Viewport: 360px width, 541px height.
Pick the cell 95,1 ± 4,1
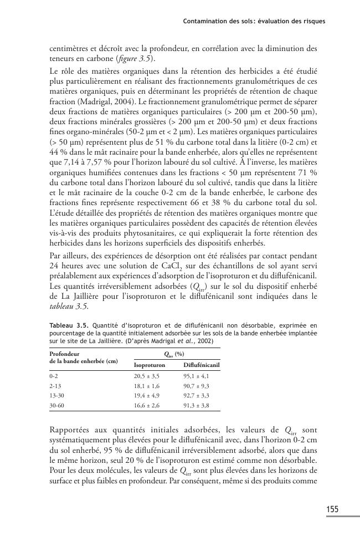coord(198,376)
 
